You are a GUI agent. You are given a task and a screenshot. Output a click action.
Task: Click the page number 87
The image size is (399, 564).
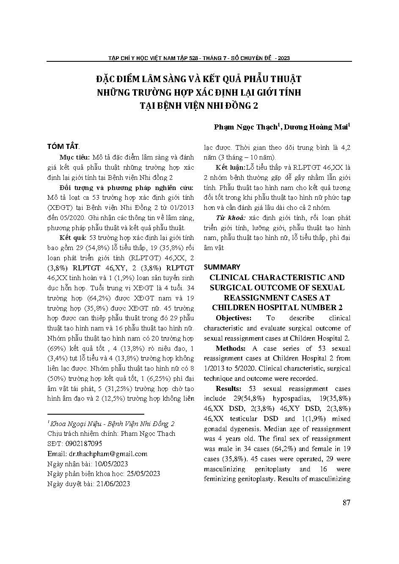coord(347,503)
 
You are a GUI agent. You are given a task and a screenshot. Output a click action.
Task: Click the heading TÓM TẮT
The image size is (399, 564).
coord(63,146)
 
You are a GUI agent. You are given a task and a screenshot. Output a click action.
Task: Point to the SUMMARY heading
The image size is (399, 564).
coord(222,267)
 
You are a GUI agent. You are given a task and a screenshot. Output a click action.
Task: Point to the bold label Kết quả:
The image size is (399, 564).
coord(73,238)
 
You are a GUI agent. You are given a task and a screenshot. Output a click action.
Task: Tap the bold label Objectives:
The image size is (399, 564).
coord(234,318)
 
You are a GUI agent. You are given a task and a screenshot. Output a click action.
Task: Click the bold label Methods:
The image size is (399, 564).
coord(231,349)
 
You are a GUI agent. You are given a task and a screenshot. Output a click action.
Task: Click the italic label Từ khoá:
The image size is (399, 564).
coord(230,218)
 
